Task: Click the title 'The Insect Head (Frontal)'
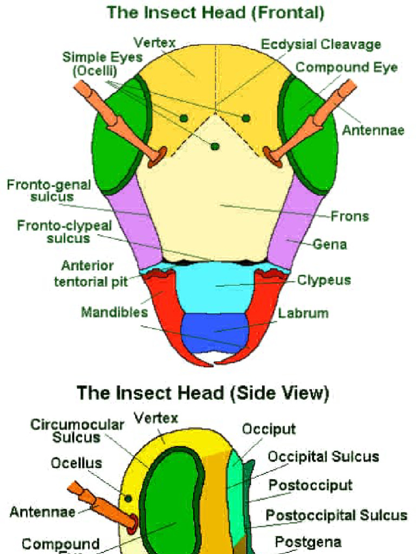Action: (216, 12)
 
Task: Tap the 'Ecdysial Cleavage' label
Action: (321, 44)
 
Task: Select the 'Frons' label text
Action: (350, 216)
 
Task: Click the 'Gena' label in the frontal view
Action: (330, 245)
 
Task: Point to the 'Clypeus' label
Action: (324, 280)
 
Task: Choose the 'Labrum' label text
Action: (303, 313)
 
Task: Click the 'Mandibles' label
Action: (114, 312)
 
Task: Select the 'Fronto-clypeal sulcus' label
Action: (64, 232)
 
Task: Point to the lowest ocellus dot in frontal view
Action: (215, 146)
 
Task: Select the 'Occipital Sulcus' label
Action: (323, 457)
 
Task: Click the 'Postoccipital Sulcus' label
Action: (336, 515)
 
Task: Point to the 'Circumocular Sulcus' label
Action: (77, 431)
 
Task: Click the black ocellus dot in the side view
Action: (128, 498)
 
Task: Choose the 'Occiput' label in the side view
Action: (269, 429)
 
